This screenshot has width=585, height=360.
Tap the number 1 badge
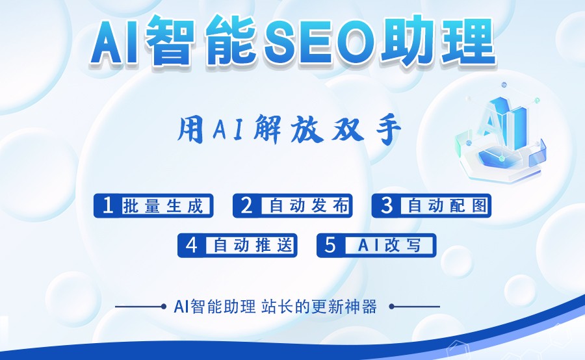[108, 205]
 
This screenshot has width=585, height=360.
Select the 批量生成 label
[166, 206]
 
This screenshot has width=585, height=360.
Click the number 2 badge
[246, 205]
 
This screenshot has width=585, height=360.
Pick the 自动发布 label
[309, 206]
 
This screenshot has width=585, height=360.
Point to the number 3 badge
[387, 205]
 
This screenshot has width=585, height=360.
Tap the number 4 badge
[191, 244]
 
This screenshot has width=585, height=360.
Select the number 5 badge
[330, 244]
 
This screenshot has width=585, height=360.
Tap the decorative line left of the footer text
[140, 306]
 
